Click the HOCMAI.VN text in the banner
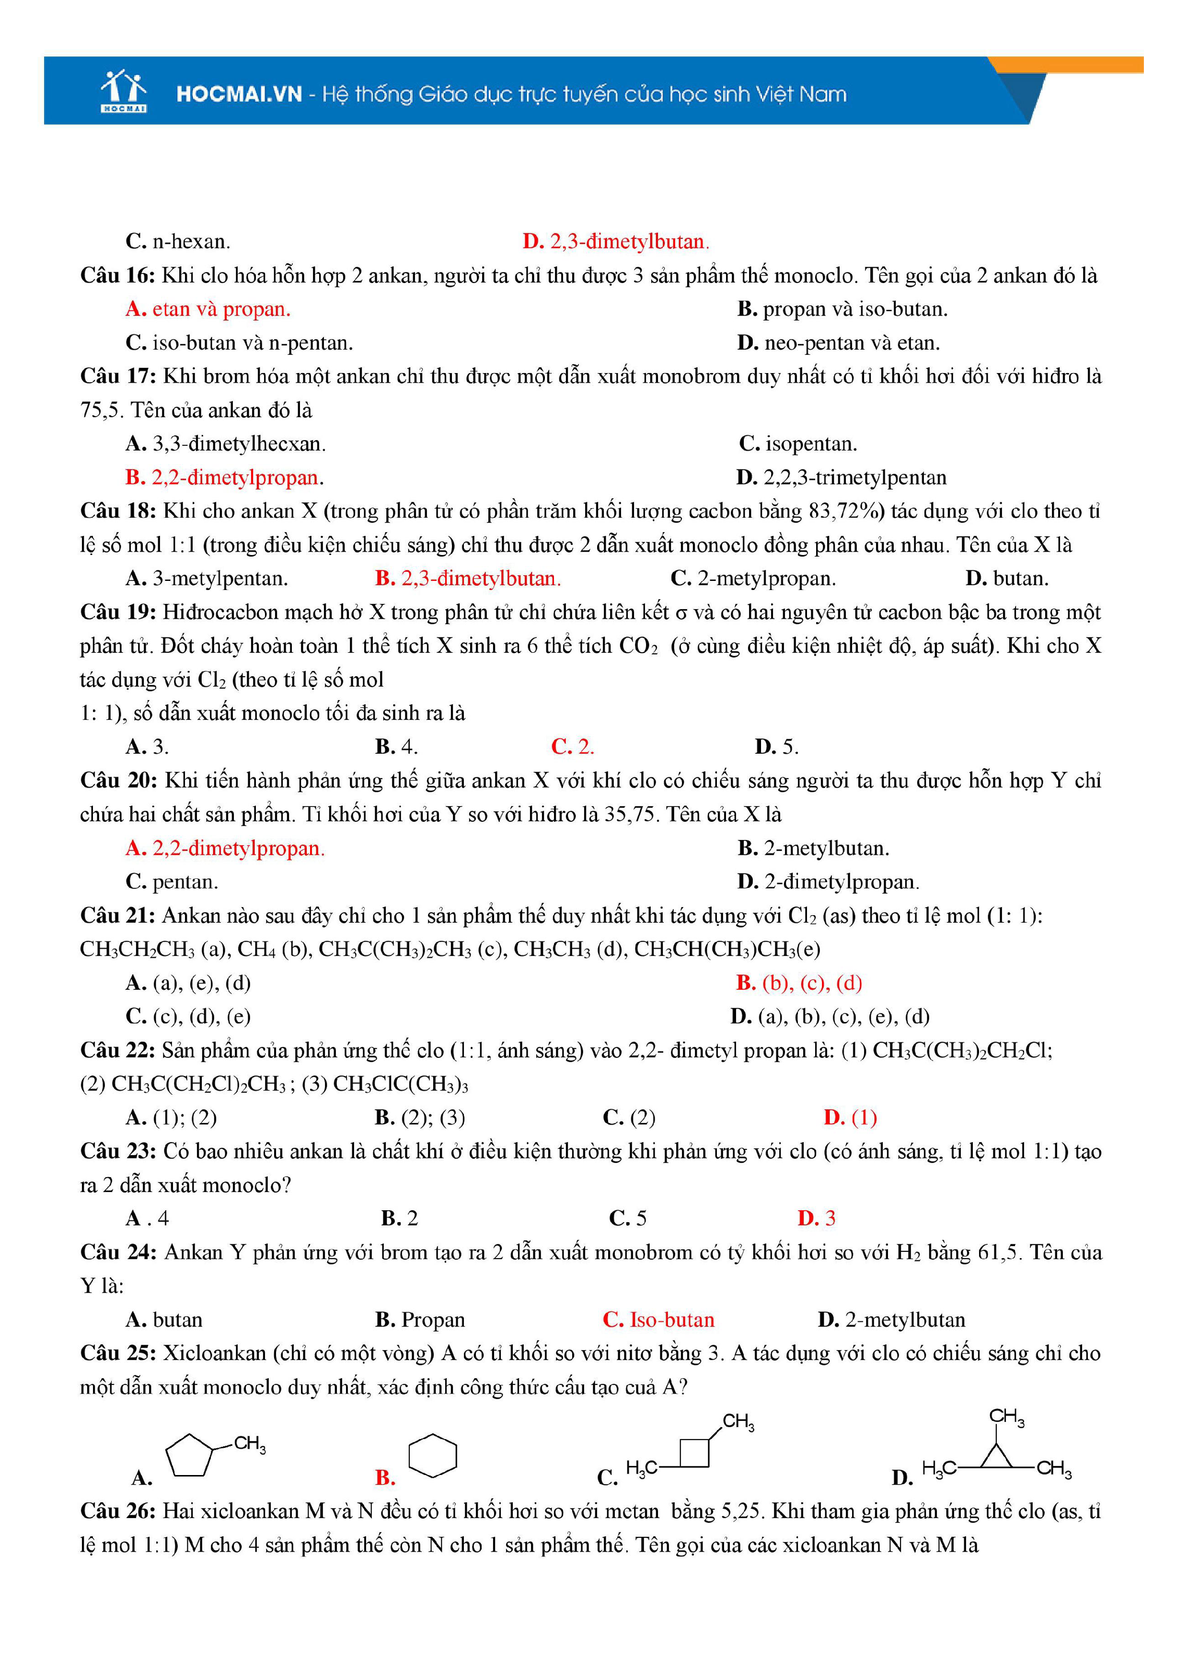point(239,94)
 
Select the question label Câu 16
point(117,276)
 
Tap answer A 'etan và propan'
point(208,309)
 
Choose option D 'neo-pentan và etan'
point(838,343)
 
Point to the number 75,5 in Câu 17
point(100,410)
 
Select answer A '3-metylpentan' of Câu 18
point(207,579)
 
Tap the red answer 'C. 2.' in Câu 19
point(572,747)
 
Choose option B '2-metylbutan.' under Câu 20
point(814,849)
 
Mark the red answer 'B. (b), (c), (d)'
point(799,983)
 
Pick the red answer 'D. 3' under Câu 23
point(816,1219)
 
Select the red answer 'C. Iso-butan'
point(658,1320)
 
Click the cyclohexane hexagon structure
point(433,1454)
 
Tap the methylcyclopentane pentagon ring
point(189,1454)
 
